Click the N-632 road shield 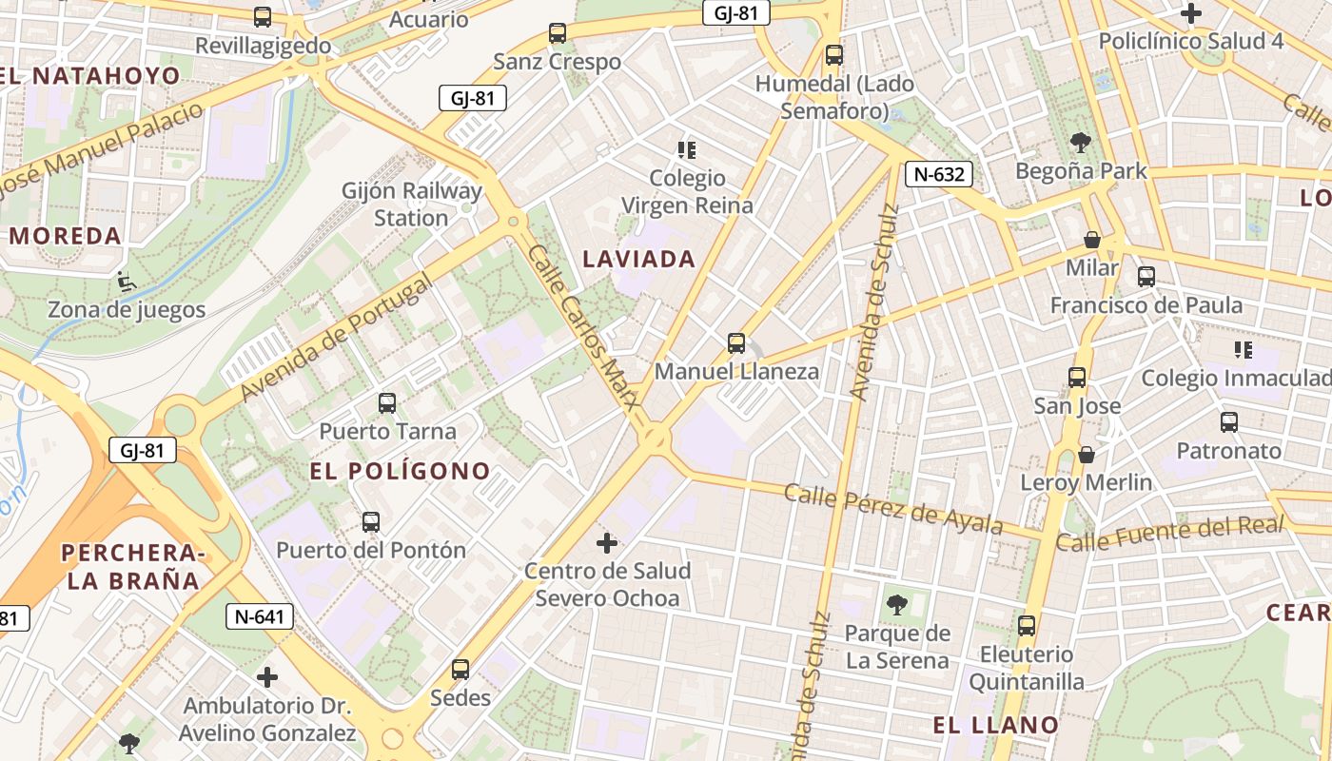[x=939, y=174]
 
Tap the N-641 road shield [x=259, y=616]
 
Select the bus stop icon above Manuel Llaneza [x=735, y=343]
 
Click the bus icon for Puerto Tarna [x=386, y=403]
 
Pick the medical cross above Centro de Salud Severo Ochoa [x=606, y=544]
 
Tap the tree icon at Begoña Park [x=1080, y=144]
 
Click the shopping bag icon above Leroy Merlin [x=1086, y=456]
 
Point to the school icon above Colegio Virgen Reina [x=687, y=150]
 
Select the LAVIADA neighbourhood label [x=639, y=259]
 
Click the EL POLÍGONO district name [x=400, y=471]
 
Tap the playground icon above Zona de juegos [x=124, y=282]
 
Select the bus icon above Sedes [x=460, y=670]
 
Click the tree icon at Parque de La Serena [x=896, y=604]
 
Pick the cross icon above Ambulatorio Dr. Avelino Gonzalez [x=267, y=677]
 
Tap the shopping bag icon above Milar [x=1091, y=240]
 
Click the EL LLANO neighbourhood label [x=995, y=725]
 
